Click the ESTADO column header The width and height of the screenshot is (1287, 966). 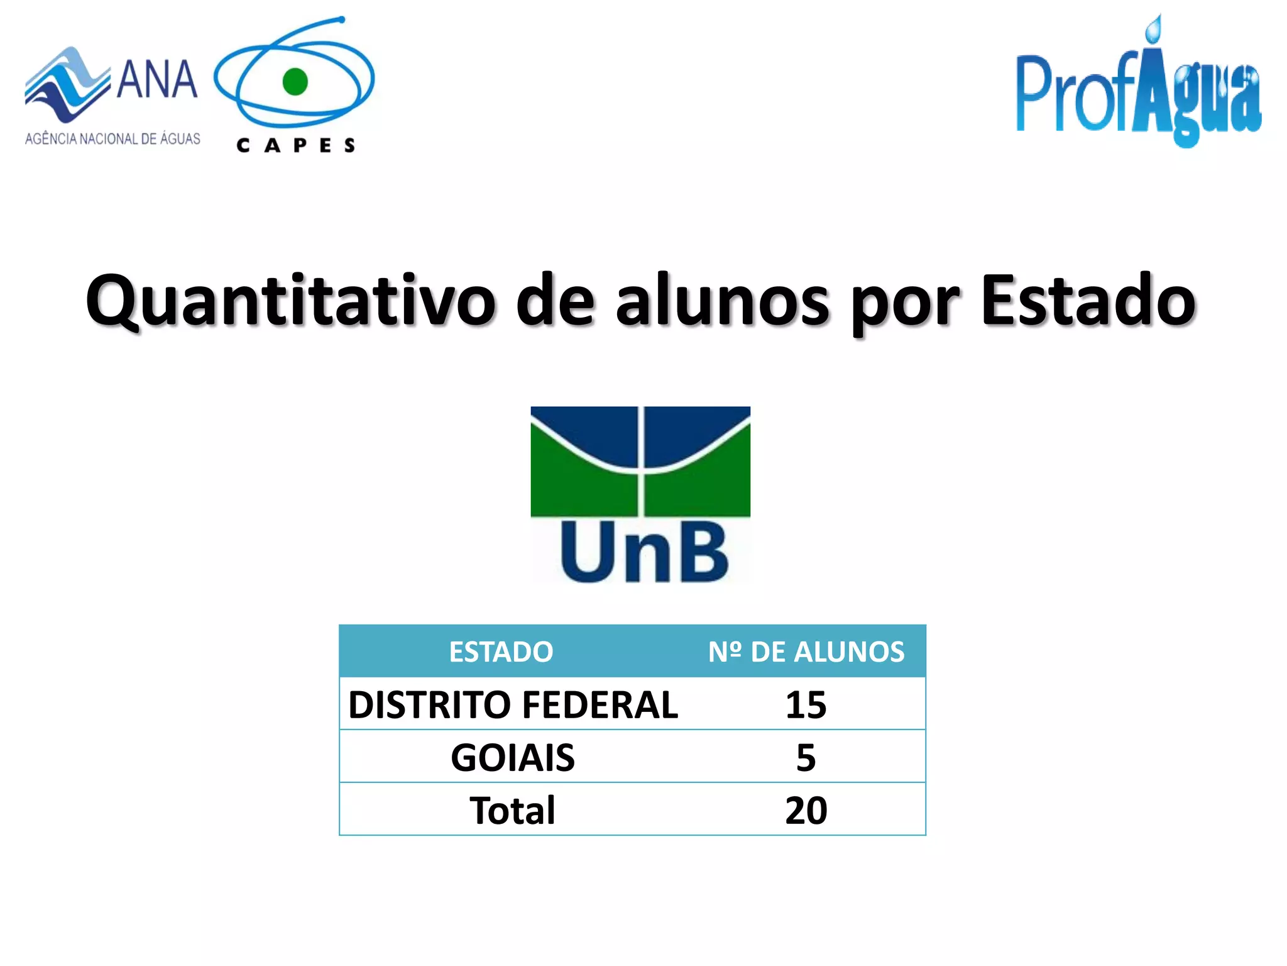pyautogui.click(x=501, y=652)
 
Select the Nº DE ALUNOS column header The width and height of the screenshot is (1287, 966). pyautogui.click(x=806, y=652)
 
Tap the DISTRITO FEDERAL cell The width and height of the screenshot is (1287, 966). pyautogui.click(x=513, y=704)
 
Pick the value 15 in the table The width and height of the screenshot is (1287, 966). pyautogui.click(x=806, y=704)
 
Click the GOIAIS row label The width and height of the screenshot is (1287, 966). pyautogui.click(x=513, y=757)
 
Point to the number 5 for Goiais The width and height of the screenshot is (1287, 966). pyautogui.click(x=806, y=757)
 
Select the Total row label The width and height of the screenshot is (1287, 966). pyautogui.click(x=513, y=810)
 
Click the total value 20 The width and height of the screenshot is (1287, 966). pyautogui.click(x=806, y=810)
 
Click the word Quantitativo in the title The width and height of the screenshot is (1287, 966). pyautogui.click(x=290, y=301)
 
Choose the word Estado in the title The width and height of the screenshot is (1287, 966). pyautogui.click(x=1088, y=301)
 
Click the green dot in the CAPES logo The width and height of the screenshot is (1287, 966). pyautogui.click(x=295, y=82)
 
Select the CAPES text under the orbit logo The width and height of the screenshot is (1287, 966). pyautogui.click(x=296, y=146)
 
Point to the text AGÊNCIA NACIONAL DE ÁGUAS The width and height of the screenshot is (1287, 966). pyautogui.click(x=113, y=138)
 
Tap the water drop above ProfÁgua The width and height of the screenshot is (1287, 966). pyautogui.click(x=1154, y=29)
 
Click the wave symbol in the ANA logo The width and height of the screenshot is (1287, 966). pyautogui.click(x=66, y=85)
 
